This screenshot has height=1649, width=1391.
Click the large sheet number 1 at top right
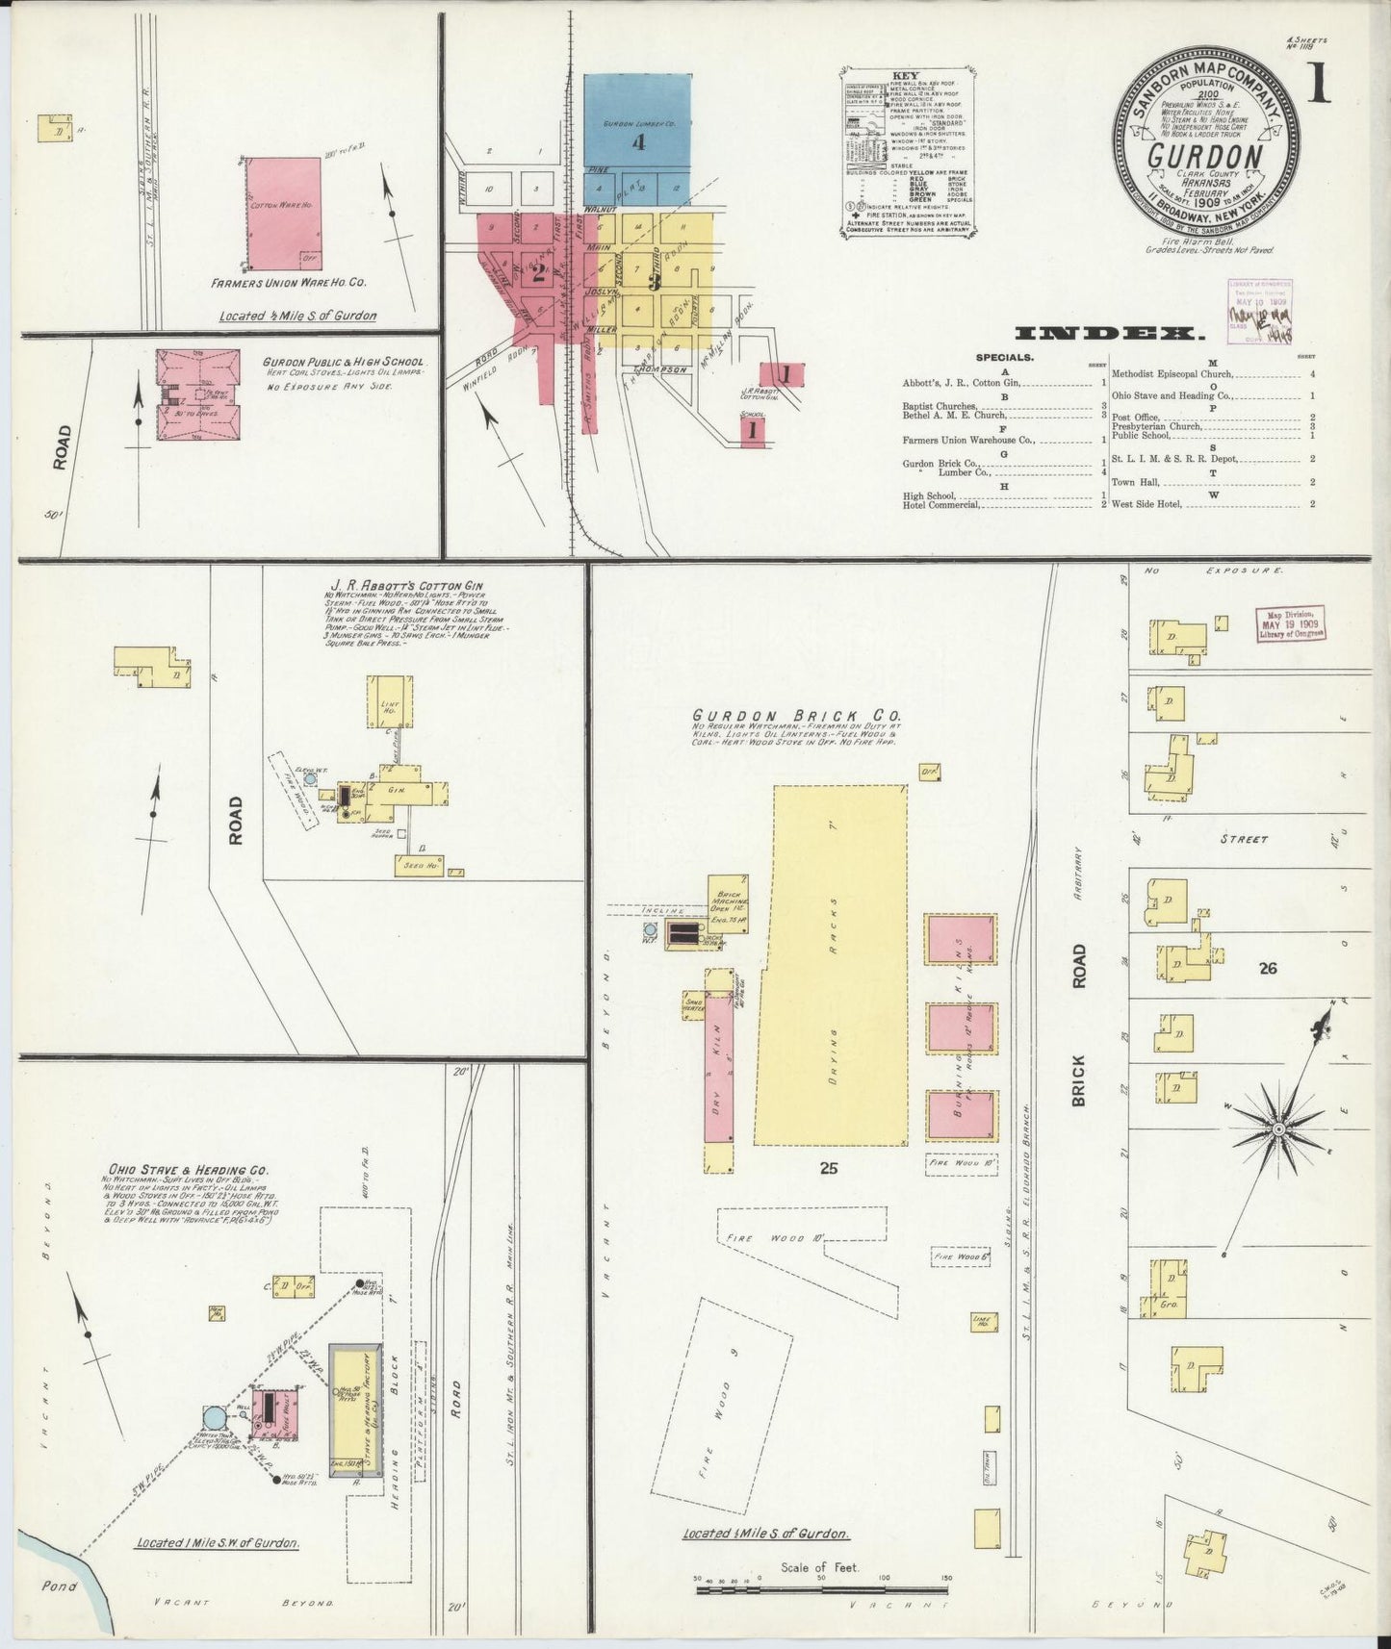1316,85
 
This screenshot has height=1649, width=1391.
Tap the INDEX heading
1109,334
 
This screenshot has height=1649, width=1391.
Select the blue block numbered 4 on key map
636,122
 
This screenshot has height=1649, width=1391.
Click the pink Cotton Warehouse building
283,213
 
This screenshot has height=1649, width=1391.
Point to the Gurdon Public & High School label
343,364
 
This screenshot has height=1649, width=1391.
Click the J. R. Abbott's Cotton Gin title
406,585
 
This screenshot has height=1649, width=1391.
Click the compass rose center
1277,1128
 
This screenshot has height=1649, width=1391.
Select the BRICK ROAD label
1078,1024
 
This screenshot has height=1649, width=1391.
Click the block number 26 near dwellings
1267,968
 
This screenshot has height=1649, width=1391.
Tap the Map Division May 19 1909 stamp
1290,622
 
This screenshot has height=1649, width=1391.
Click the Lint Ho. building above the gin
390,701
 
